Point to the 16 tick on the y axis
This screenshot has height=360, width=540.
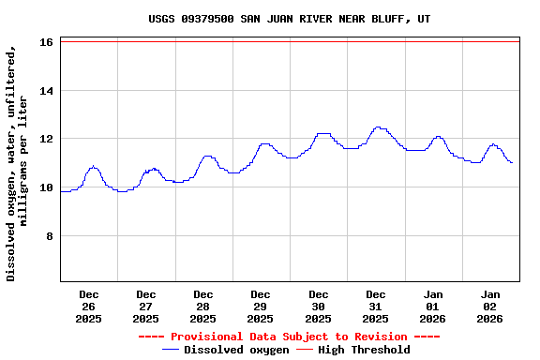pyautogui.click(x=46, y=42)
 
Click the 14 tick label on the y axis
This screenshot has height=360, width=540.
pyautogui.click(x=46, y=91)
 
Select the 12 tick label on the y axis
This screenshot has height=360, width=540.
pyautogui.click(x=46, y=139)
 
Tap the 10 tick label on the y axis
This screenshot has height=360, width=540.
pyautogui.click(x=46, y=187)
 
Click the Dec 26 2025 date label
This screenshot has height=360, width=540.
pyautogui.click(x=89, y=307)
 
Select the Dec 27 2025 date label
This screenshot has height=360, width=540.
pyautogui.click(x=146, y=307)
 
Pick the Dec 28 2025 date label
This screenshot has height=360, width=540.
pyautogui.click(x=203, y=307)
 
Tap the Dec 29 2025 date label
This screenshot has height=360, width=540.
pyautogui.click(x=261, y=307)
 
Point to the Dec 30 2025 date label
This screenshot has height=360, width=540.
pyautogui.click(x=319, y=307)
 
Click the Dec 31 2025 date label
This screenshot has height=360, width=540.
pyautogui.click(x=376, y=307)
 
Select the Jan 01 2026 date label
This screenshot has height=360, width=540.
pyautogui.click(x=433, y=307)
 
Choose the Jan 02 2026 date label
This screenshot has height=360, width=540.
pyautogui.click(x=490, y=307)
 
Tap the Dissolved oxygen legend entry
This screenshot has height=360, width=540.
pyautogui.click(x=225, y=350)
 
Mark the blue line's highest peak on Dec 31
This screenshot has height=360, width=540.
pyautogui.click(x=378, y=127)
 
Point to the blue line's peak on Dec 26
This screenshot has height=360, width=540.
pyautogui.click(x=93, y=167)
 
